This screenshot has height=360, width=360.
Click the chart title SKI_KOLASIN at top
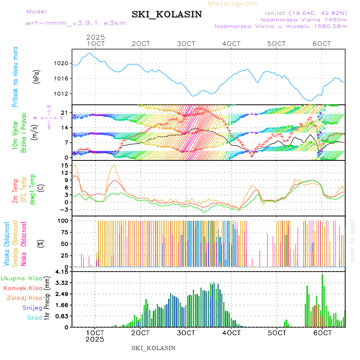tap(167, 14)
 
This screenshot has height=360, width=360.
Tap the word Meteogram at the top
tap(233, 4)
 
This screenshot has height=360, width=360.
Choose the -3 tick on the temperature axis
tap(64, 209)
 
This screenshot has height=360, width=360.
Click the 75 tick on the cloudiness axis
tap(64, 232)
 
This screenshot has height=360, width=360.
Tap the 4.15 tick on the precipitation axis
tap(62, 272)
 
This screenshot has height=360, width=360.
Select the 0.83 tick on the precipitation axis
tap(62, 316)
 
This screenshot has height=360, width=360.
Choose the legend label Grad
tap(35, 318)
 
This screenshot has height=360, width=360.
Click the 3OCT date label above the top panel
tap(186, 43)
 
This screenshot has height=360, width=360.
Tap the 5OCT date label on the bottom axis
tap(277, 332)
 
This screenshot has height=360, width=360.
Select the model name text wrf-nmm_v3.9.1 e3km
tap(76, 23)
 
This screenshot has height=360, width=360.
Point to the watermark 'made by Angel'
tap(352, 240)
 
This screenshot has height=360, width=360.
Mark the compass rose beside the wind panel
tap(49, 118)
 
